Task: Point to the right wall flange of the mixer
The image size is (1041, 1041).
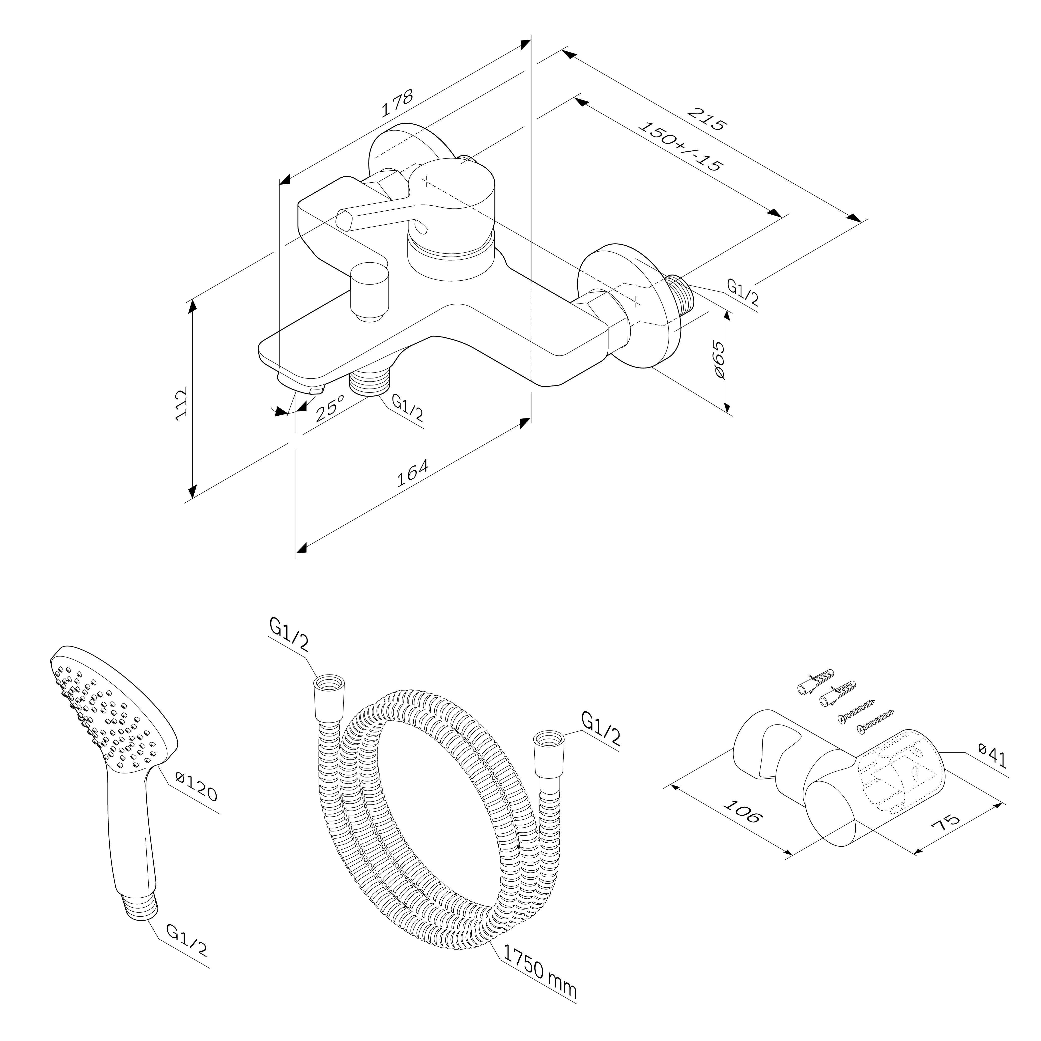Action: tap(630, 307)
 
